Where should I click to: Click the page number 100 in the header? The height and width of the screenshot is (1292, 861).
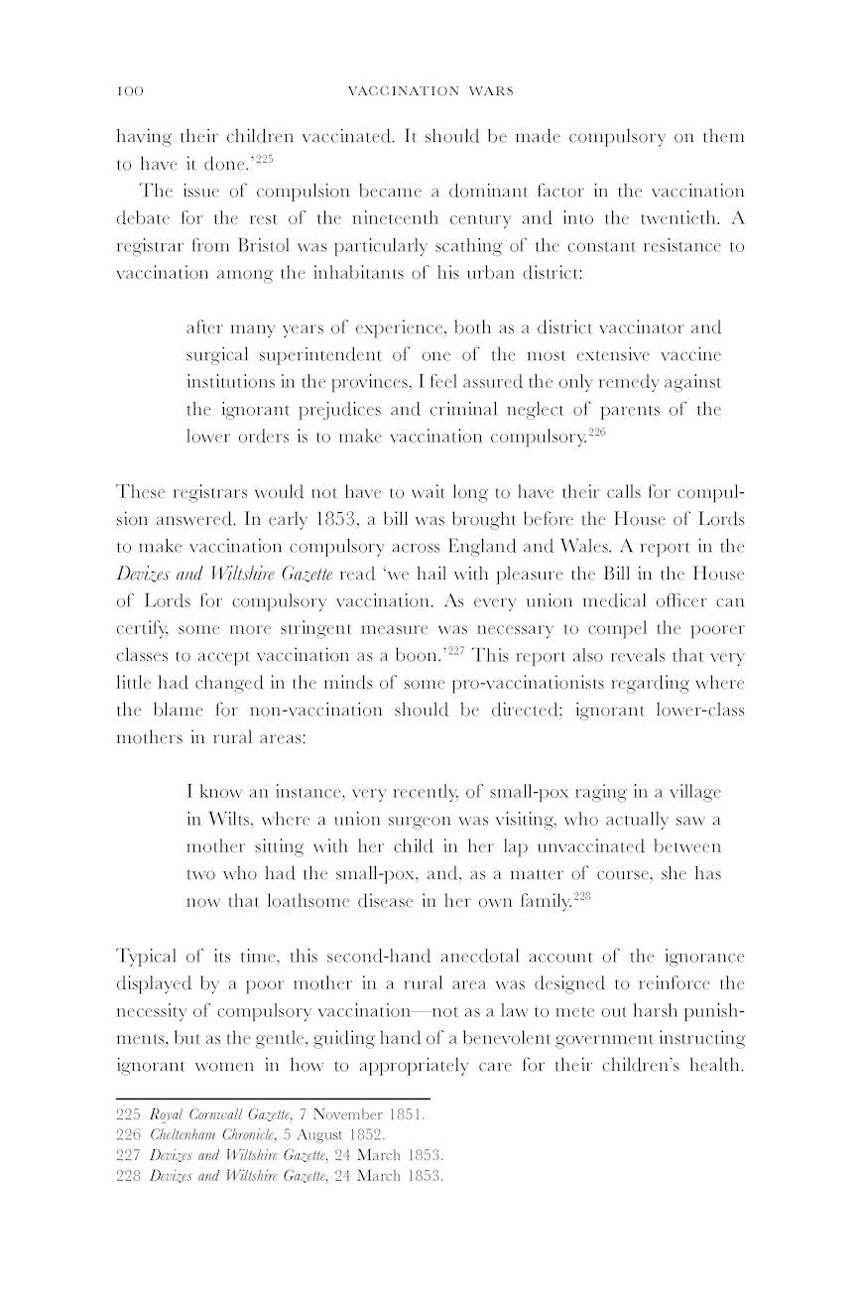point(130,91)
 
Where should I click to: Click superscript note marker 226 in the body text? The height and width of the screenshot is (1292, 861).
point(596,432)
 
